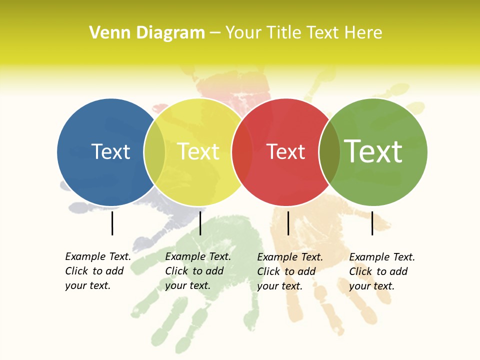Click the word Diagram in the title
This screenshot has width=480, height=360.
click(170, 33)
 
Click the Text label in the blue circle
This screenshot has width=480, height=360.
click(110, 151)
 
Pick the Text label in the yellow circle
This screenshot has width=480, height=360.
click(198, 151)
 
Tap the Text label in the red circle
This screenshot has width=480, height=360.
click(285, 151)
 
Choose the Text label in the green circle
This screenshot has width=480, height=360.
click(373, 151)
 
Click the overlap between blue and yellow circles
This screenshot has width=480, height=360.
click(154, 152)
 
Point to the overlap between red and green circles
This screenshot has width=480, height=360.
click(329, 152)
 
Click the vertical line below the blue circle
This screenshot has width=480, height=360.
click(112, 223)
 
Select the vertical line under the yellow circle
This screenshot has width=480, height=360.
click(200, 223)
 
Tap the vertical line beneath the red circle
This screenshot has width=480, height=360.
click(288, 223)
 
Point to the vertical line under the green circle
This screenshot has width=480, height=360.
click(372, 223)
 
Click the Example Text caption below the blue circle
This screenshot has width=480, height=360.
click(97, 271)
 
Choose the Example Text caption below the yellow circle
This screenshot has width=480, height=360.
click(197, 271)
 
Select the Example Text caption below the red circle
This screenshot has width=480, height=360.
click(289, 271)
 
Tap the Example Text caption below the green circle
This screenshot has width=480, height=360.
click(381, 271)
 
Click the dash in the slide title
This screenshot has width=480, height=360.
click(215, 33)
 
